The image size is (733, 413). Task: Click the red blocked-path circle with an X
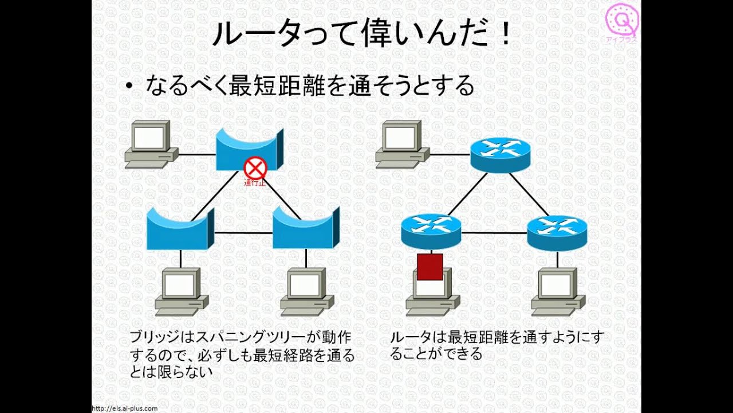pyautogui.click(x=255, y=169)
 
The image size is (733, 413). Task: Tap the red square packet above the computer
pyautogui.click(x=429, y=267)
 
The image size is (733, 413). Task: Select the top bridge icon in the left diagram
pyautogui.click(x=249, y=149)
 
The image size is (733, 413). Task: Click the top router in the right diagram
pyautogui.click(x=500, y=154)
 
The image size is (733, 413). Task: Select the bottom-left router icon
pyautogui.click(x=431, y=230)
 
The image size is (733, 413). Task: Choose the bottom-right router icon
pyautogui.click(x=557, y=231)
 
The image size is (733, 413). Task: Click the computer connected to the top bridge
pyautogui.click(x=151, y=145)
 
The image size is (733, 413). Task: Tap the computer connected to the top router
pyautogui.click(x=401, y=145)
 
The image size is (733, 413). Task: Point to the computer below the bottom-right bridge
pyautogui.click(x=307, y=291)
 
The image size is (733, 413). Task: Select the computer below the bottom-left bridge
pyautogui.click(x=181, y=291)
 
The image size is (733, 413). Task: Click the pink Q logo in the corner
pyautogui.click(x=622, y=21)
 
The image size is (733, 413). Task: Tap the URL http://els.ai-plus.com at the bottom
pyautogui.click(x=125, y=408)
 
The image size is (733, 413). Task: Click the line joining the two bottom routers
pyautogui.click(x=494, y=233)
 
